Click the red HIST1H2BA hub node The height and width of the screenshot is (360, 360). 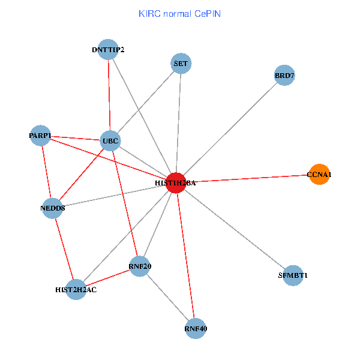[175, 182]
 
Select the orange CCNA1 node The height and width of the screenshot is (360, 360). [319, 175]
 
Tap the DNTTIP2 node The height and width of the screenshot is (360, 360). [108, 49]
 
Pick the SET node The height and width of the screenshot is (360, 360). [181, 64]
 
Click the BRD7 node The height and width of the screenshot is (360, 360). [284, 76]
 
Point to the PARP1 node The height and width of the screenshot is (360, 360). [40, 136]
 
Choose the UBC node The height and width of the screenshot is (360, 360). [111, 142]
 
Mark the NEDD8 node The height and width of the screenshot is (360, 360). [53, 208]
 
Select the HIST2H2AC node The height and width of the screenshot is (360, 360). [76, 289]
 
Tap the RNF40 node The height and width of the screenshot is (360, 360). [196, 328]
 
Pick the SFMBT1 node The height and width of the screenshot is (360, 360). [293, 275]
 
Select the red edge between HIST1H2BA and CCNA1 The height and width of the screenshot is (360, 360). [247, 178]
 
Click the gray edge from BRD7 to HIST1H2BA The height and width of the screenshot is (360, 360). [230, 129]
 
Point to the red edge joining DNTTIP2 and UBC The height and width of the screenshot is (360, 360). [109, 95]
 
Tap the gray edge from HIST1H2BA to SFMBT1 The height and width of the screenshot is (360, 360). [234, 229]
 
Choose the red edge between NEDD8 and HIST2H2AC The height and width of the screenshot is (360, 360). [64, 248]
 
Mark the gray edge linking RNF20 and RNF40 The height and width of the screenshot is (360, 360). [167, 297]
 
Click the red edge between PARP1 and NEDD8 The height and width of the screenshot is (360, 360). [46, 172]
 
